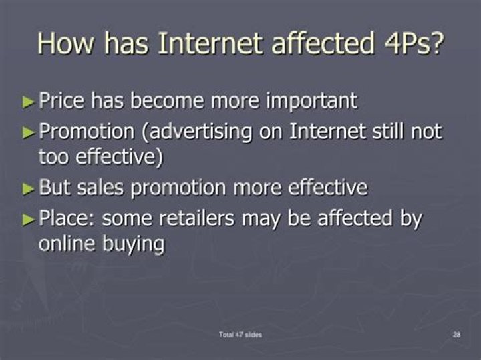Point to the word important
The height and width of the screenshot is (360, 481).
pos(311,101)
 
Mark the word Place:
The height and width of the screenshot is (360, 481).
pos(65,218)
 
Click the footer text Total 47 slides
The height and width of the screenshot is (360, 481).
pos(240,334)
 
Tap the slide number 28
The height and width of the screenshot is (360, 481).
pos(456,334)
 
